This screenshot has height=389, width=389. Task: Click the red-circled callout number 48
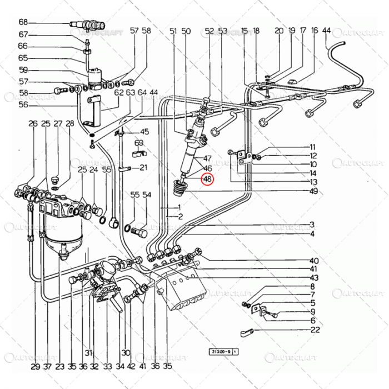[207, 179]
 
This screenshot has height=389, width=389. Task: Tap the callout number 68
[23, 23]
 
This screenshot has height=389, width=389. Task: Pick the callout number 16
[315, 31]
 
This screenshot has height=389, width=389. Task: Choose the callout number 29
[35, 367]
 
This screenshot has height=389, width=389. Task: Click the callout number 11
[313, 147]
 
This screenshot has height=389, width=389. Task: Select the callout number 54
[147, 195]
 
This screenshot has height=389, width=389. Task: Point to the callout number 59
[23, 70]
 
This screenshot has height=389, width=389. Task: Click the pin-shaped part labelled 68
[89, 24]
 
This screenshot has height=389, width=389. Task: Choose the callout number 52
[210, 31]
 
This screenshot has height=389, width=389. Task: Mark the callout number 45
[144, 132]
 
